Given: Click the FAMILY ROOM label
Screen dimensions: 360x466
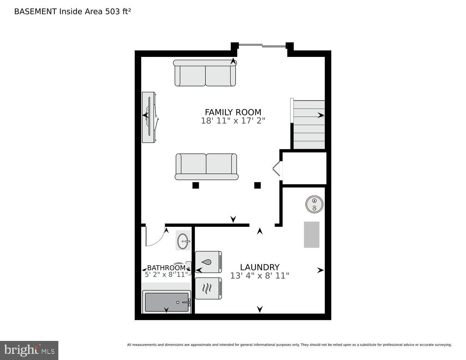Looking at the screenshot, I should [x=233, y=112].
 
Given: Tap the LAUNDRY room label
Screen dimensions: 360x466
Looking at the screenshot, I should [x=260, y=267].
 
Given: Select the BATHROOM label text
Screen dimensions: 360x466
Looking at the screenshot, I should [x=166, y=268].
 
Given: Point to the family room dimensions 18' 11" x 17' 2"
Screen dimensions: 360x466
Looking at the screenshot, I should [x=233, y=121].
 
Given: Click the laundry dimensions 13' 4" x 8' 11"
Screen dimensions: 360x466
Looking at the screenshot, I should [x=260, y=276].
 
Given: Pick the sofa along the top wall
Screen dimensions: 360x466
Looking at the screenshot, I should [x=205, y=73].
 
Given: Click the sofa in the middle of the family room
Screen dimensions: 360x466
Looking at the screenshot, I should [x=206, y=166].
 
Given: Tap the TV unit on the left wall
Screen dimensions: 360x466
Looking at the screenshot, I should [x=149, y=117].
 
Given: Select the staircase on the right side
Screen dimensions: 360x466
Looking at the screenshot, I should [x=309, y=125].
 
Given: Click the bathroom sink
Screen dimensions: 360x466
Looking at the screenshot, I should [x=183, y=240].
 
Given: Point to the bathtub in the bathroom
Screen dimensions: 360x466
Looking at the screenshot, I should [x=166, y=302].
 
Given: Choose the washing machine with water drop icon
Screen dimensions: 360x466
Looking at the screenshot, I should [x=208, y=262].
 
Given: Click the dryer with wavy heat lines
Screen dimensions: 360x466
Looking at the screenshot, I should [x=208, y=288].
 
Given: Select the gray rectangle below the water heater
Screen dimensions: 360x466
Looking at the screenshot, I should [x=312, y=235].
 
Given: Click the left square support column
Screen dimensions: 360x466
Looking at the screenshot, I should [x=196, y=185].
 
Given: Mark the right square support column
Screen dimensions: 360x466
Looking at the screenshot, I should [x=257, y=185].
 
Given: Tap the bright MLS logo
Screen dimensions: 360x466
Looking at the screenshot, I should [x=29, y=350].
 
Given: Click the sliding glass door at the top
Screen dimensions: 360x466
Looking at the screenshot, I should [x=262, y=45].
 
